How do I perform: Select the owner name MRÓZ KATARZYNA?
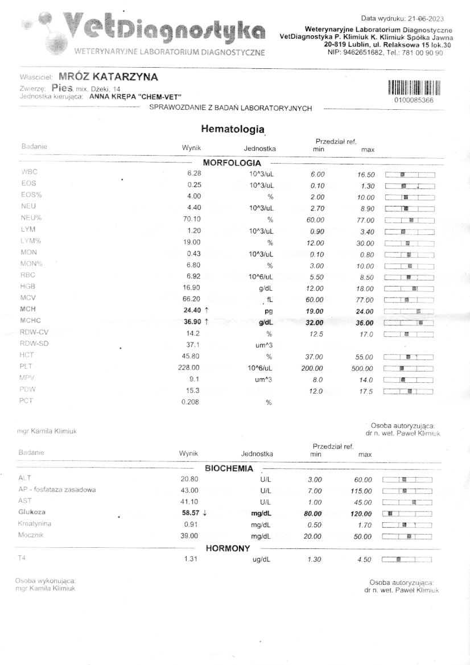point(108,77)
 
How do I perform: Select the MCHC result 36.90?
point(190,323)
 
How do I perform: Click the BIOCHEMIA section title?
point(229,469)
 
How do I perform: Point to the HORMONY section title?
point(228,548)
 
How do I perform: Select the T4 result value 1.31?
point(191,559)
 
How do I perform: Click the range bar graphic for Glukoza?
point(407,513)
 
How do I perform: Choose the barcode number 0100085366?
point(413,100)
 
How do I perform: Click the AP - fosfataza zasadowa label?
point(57,489)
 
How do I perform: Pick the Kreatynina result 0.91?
point(191,524)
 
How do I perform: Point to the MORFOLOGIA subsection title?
point(228,162)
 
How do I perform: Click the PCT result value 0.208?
point(190,402)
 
